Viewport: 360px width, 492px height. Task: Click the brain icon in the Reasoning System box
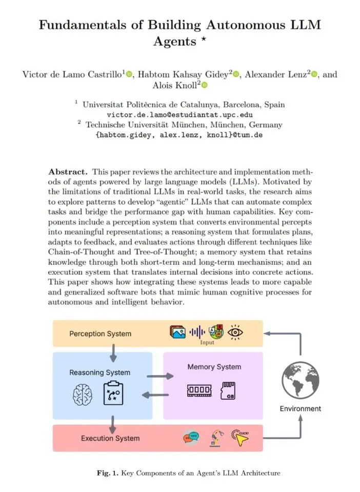(82, 396)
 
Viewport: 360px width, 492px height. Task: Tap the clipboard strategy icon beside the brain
(113, 395)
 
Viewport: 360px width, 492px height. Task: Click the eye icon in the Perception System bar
(236, 332)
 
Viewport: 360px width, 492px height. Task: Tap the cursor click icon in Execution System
(239, 437)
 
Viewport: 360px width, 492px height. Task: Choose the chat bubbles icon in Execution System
(191, 438)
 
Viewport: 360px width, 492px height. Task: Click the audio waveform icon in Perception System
(196, 332)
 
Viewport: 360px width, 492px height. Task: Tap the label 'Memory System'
(214, 367)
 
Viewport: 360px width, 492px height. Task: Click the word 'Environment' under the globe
(301, 408)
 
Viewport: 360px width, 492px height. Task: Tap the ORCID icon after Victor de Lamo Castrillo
(129, 74)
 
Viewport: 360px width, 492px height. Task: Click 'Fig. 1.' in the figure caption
(108, 473)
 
